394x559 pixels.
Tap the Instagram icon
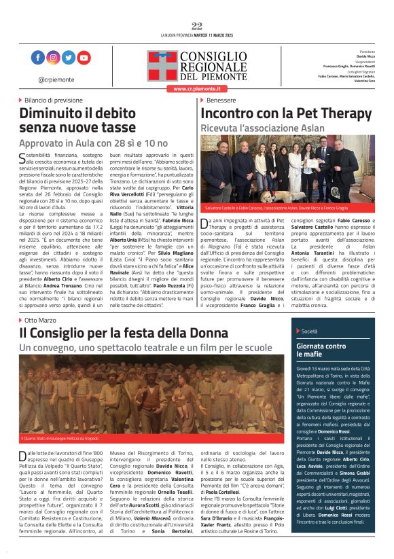53,58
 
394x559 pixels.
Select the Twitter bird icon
69,58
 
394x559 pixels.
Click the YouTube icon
84,58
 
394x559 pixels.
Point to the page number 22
197,26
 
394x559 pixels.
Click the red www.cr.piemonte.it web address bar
197,89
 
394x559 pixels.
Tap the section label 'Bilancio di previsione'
54,100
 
